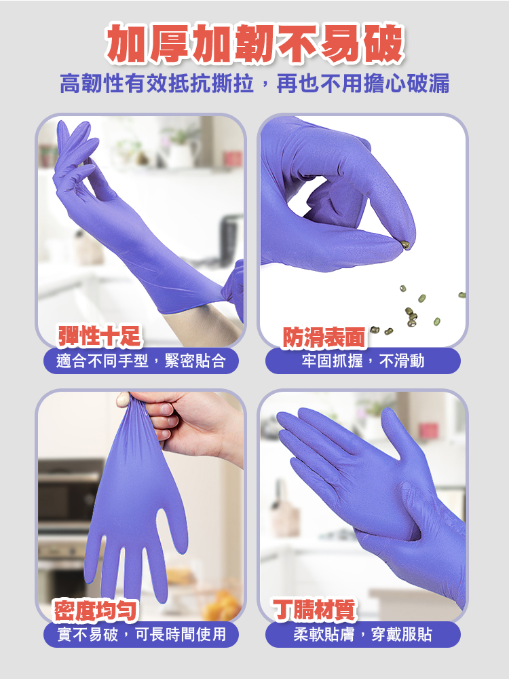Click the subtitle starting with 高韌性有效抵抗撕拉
254,85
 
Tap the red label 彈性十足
99,335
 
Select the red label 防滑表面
324,337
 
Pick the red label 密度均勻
96,610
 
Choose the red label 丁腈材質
314,610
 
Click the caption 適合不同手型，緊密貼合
141,361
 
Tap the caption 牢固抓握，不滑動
363,361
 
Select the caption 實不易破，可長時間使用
141,635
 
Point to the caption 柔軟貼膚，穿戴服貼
363,635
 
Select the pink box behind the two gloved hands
429,430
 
